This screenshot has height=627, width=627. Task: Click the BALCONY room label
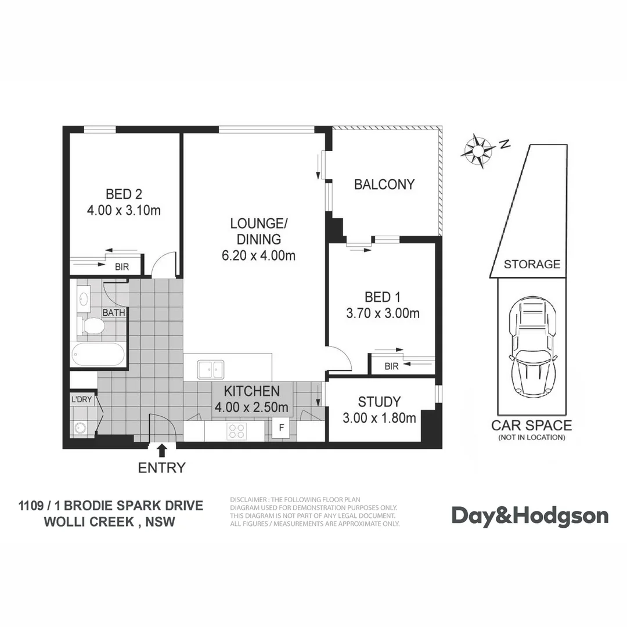[384, 185]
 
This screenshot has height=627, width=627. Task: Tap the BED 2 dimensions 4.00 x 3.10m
[124, 210]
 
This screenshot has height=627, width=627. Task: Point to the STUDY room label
[379, 402]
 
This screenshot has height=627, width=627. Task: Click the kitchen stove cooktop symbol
[237, 431]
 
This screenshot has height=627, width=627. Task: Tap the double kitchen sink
[210, 368]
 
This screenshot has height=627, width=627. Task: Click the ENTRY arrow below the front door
[161, 449]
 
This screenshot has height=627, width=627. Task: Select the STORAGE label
[532, 265]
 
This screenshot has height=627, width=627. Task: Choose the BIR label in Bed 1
[392, 366]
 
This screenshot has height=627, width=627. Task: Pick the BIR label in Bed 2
[122, 267]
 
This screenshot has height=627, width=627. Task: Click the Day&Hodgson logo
[530, 516]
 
